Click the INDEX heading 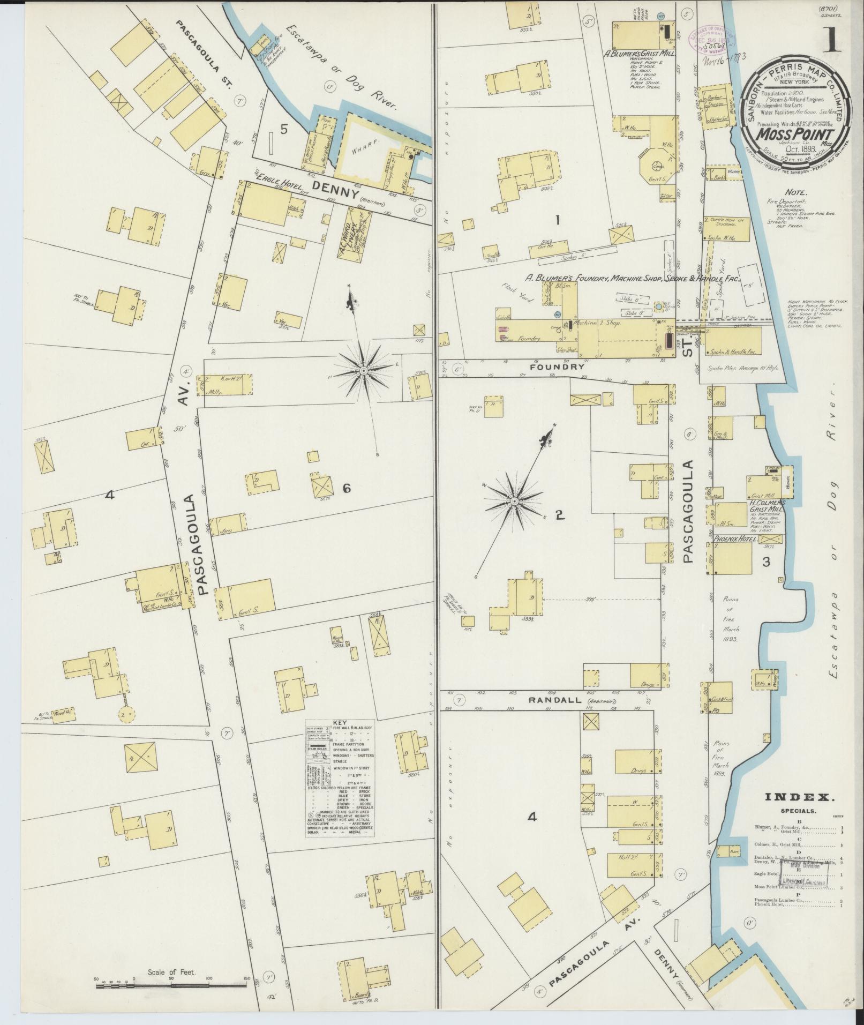pos(798,797)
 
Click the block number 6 pos(347,488)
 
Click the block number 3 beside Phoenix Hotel pos(766,562)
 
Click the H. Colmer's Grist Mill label pos(767,507)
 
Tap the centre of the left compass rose pos(363,371)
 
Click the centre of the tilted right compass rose pos(513,501)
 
